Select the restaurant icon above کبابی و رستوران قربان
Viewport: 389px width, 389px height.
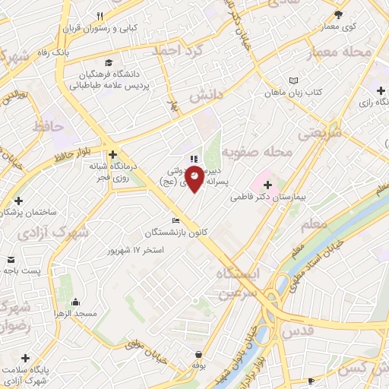click(x=100, y=16)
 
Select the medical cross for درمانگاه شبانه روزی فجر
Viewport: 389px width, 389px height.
click(x=112, y=152)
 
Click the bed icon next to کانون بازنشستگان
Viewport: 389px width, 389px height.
click(x=176, y=221)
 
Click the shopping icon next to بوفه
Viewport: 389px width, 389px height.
click(x=199, y=354)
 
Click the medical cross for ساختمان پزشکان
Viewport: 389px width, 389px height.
click(x=17, y=202)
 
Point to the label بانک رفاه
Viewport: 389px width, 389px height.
click(x=76, y=54)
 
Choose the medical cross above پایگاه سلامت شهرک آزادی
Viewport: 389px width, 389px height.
click(x=27, y=357)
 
